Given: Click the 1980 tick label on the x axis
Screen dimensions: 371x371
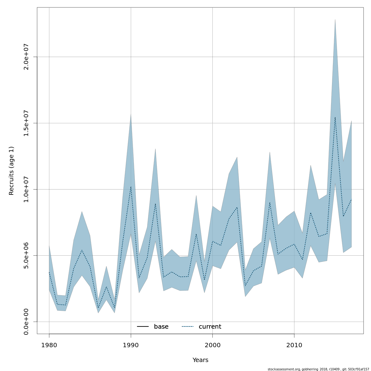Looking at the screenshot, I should tap(49, 345).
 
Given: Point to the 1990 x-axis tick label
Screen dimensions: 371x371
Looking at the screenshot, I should tap(131, 345).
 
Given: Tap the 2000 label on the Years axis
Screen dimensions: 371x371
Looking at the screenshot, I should tap(212, 345).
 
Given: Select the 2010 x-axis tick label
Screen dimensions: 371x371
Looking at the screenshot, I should tap(294, 345).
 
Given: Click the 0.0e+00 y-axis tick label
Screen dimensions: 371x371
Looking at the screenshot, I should tap(26, 322).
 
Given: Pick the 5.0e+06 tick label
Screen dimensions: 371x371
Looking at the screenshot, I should tap(26, 255).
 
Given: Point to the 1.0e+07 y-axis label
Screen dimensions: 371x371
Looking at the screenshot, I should tap(26, 189).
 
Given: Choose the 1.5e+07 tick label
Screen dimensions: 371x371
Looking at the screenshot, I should tap(26, 123).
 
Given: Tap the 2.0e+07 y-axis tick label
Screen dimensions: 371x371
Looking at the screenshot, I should tap(26, 57).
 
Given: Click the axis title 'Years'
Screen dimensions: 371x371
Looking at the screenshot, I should tap(200, 360).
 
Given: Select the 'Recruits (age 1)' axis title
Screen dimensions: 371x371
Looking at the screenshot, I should tap(11, 171).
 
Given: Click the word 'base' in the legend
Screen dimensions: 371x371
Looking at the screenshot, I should tap(161, 327).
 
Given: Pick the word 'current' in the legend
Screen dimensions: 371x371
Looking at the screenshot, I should tap(210, 327).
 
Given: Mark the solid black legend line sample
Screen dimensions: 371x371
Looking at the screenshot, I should tap(143, 327).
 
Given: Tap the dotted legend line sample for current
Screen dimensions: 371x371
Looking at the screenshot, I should tap(187, 327).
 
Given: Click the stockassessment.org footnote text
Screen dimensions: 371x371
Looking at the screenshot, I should tap(318, 369).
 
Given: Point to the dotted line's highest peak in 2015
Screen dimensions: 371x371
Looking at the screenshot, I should tap(335, 117).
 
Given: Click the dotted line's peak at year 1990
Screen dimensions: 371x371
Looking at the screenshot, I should tap(131, 186).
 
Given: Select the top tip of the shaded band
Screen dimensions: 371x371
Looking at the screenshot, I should tap(335, 19).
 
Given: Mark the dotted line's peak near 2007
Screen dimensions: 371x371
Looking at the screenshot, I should tap(270, 203).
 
